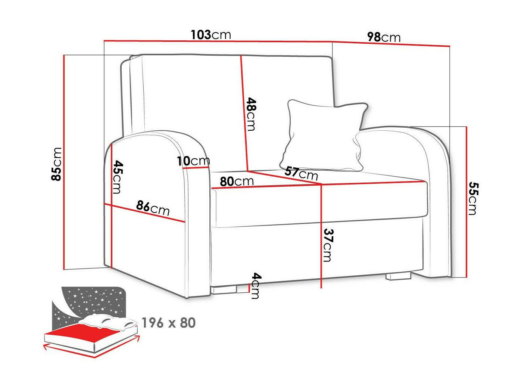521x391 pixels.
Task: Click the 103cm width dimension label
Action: click(211, 35)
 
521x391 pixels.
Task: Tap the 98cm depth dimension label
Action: click(384, 37)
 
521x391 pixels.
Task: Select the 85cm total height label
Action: click(57, 164)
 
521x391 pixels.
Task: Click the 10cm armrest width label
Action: click(193, 161)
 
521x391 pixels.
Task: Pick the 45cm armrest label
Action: click(118, 177)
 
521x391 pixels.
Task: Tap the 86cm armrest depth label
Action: click(153, 208)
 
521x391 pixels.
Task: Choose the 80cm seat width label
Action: click(237, 181)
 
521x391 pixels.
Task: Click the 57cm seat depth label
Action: click(301, 174)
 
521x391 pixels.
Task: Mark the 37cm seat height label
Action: click(328, 245)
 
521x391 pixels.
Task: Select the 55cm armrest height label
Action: click(474, 198)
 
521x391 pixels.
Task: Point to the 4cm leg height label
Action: click(256, 286)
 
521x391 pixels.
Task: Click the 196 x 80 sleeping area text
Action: click(169, 323)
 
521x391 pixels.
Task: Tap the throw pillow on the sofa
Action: click(324, 135)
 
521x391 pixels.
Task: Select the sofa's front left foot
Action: click(224, 290)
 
